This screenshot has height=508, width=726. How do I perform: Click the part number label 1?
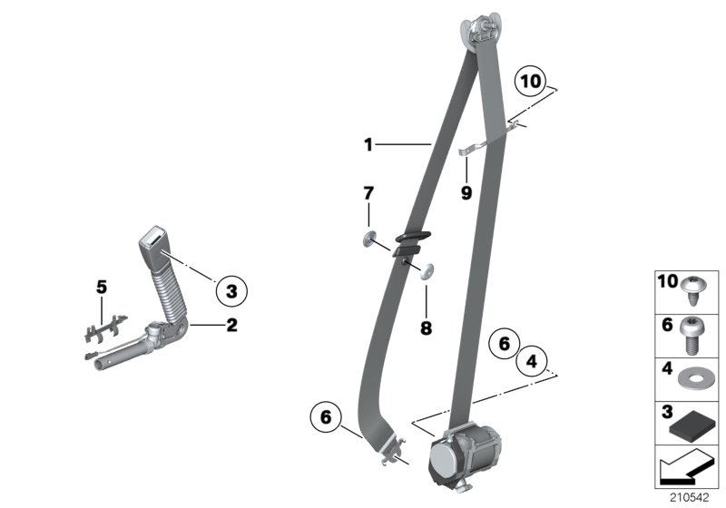(x=368, y=143)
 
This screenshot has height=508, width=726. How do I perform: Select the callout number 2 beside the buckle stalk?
(x=231, y=325)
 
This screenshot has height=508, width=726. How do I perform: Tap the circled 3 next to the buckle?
(x=231, y=291)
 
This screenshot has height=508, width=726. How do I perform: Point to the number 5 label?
(x=102, y=287)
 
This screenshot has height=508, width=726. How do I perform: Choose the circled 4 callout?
(x=533, y=363)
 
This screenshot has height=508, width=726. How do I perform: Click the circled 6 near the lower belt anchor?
(x=327, y=418)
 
